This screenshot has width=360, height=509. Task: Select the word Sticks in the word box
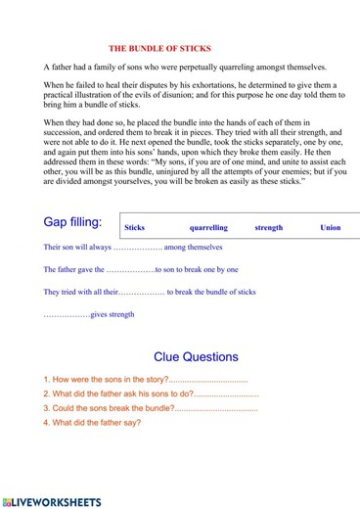click(135, 228)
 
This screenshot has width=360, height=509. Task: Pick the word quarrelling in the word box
click(208, 228)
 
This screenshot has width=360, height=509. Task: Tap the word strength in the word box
click(268, 228)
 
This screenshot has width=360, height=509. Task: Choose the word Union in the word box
click(331, 228)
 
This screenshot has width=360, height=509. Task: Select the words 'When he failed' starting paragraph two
click(70, 85)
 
